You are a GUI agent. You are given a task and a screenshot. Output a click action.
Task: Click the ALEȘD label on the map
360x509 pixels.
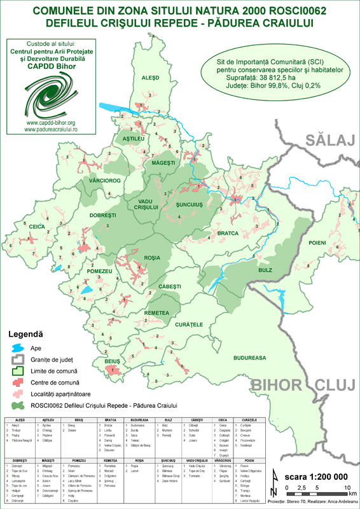[x=148, y=77]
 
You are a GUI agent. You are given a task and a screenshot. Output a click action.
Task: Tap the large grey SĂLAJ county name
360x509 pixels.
[x=331, y=141]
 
